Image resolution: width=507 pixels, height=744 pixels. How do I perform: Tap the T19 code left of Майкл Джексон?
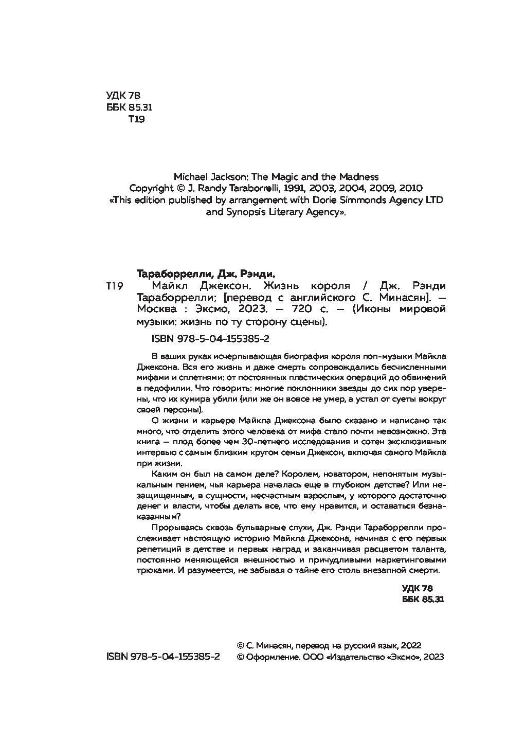pos(114,286)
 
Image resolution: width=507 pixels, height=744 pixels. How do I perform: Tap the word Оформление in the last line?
pos(270,657)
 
